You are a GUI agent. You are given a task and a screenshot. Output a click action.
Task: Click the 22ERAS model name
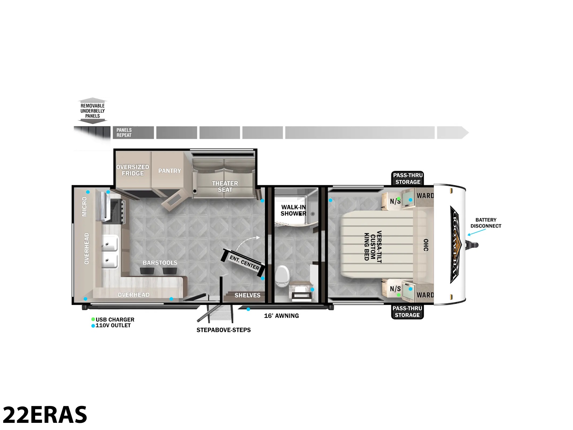pyautogui.click(x=45, y=414)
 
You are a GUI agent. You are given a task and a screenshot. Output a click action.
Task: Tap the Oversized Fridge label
pyautogui.click(x=133, y=170)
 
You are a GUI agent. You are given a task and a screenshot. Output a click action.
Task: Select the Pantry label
pyautogui.click(x=169, y=171)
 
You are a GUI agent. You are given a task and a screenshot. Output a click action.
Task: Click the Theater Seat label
pyautogui.click(x=225, y=186)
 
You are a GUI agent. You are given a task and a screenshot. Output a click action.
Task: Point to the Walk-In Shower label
pyautogui.click(x=293, y=210)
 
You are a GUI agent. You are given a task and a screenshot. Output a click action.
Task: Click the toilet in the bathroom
pyautogui.click(x=282, y=276)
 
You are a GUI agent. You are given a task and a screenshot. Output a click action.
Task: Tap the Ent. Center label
pyautogui.click(x=244, y=263)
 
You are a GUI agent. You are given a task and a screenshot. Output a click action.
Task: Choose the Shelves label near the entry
pyautogui.click(x=247, y=295)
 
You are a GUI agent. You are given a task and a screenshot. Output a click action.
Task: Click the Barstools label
pyautogui.click(x=160, y=263)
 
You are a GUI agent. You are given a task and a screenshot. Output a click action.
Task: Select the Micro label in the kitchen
pyautogui.click(x=84, y=206)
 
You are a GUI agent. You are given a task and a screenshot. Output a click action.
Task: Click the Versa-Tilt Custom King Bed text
pyautogui.click(x=373, y=246)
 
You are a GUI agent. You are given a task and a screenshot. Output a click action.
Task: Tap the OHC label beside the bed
pyautogui.click(x=426, y=245)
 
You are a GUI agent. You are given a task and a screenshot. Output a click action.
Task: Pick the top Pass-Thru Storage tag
pyautogui.click(x=408, y=178)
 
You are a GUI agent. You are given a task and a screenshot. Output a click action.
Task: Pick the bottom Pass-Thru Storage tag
pyautogui.click(x=407, y=312)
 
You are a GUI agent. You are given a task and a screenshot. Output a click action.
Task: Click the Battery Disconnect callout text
pyautogui.click(x=486, y=223)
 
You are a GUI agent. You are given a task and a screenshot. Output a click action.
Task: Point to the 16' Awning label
pyautogui.click(x=281, y=316)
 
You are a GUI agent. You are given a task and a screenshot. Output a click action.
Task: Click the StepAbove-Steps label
pyautogui.click(x=223, y=330)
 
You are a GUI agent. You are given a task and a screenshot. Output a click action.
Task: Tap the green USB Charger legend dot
pyautogui.click(x=93, y=319)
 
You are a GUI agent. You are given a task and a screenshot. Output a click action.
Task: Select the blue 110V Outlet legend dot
pyautogui.click(x=93, y=326)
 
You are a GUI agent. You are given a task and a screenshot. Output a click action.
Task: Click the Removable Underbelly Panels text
pyautogui.click(x=92, y=111)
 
